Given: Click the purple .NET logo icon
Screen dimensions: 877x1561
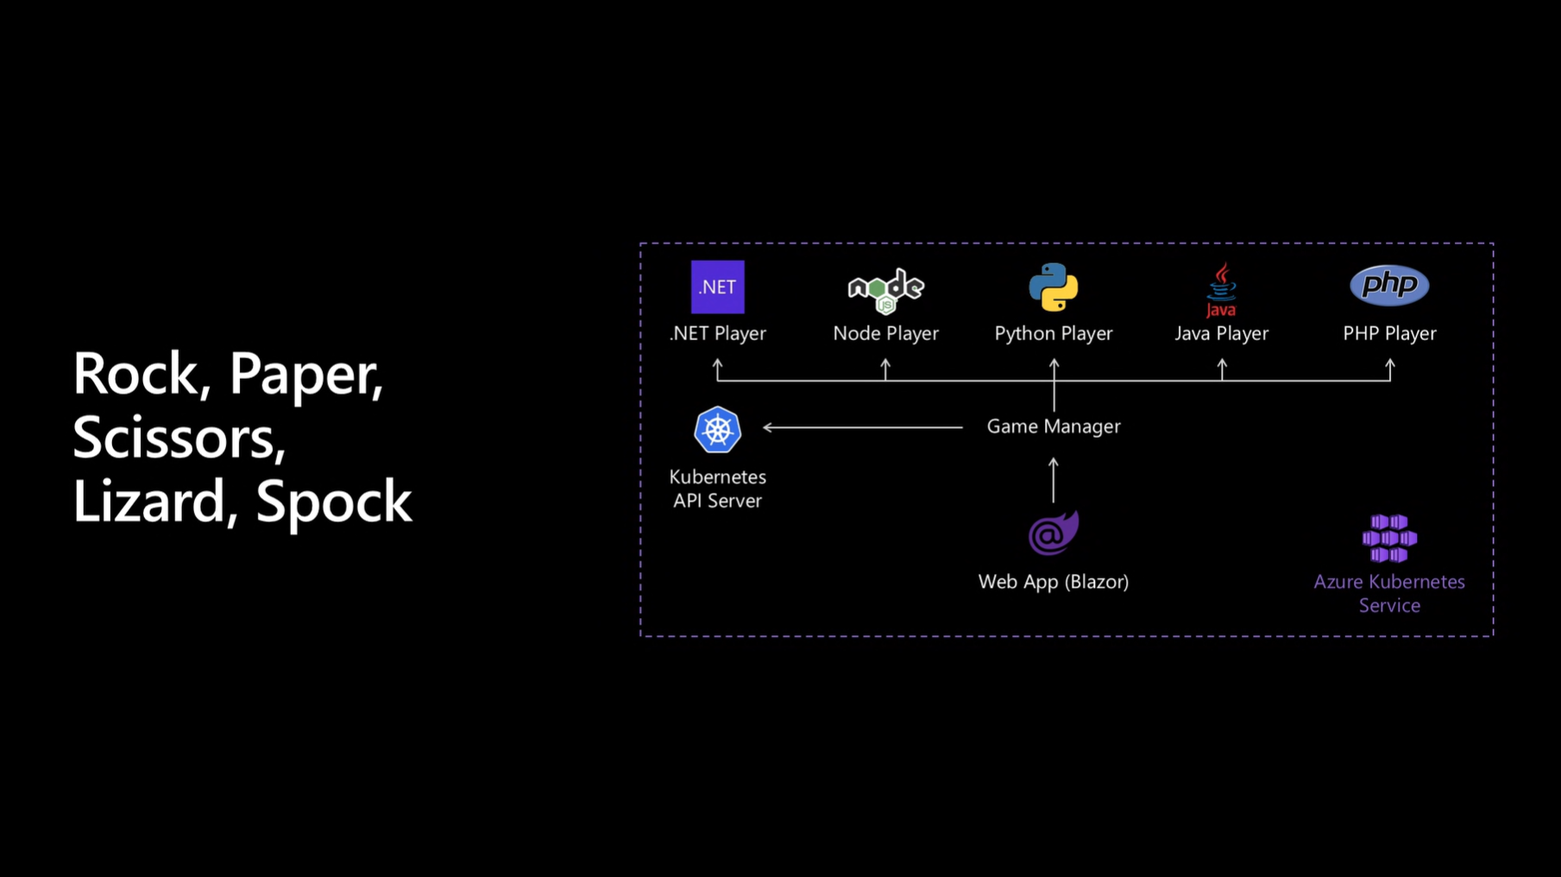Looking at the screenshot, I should point(717,287).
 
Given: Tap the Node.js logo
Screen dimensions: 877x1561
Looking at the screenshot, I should point(885,290).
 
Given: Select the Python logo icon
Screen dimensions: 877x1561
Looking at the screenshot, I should point(1054,287).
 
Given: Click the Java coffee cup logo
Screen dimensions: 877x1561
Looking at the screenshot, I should point(1221,290).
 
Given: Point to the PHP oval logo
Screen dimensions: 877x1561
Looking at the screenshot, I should point(1389,285).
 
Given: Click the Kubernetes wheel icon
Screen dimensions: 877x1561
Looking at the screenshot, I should point(717,430).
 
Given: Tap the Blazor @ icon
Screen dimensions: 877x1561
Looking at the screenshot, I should point(1053,533).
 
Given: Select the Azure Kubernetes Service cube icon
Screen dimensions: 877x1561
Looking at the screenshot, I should point(1389,539).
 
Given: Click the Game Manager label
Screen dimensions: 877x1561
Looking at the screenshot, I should point(1054,426).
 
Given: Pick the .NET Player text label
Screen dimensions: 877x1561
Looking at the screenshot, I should point(717,333).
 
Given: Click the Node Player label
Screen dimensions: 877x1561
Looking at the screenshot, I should point(885,333).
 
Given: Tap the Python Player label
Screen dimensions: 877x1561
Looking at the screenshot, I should point(1054,333).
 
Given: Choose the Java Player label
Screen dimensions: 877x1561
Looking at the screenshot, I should point(1221,333).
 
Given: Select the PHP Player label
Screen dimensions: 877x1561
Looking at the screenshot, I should point(1389,333).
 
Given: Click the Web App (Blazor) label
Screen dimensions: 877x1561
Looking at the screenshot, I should point(1054,582).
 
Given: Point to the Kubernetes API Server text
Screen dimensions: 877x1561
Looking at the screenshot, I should point(717,489).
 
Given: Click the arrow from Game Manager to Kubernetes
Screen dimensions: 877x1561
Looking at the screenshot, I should point(863,426).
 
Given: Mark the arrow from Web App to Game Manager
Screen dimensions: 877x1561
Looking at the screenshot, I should point(1054,480).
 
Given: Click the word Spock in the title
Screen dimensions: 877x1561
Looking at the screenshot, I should point(334,501).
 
